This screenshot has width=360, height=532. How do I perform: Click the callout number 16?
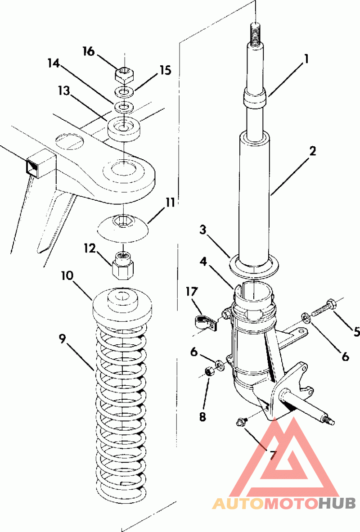[89, 52]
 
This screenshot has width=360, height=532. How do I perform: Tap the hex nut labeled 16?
[124, 74]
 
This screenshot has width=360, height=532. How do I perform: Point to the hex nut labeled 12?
[122, 265]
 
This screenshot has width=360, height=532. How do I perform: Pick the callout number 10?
[67, 275]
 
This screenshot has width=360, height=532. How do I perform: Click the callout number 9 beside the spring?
[62, 339]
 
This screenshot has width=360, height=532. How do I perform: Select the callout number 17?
[192, 292]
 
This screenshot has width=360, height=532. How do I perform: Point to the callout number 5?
[356, 331]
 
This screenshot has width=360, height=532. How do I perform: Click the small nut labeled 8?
[209, 373]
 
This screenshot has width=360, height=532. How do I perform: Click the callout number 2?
[312, 150]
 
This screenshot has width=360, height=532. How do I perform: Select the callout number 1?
[306, 59]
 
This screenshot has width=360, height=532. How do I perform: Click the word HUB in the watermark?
[337, 503]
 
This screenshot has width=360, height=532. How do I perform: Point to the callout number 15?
[166, 71]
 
